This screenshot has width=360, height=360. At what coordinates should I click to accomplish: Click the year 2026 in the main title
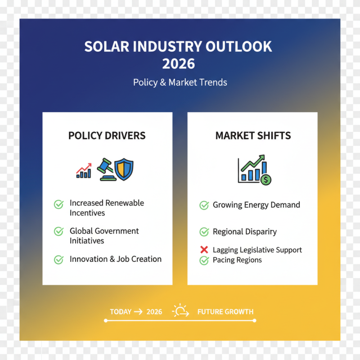[x=179, y=63]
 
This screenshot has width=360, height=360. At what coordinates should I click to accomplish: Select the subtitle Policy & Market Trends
[x=180, y=82]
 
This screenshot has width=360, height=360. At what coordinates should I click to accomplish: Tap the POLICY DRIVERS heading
[x=107, y=135]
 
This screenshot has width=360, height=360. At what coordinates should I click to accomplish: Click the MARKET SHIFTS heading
[x=253, y=135]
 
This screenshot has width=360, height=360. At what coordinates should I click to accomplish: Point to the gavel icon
[x=106, y=170]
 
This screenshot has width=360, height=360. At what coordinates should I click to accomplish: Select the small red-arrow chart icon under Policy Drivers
[x=84, y=171]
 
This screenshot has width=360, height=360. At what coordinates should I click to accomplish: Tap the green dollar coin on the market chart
[x=266, y=180]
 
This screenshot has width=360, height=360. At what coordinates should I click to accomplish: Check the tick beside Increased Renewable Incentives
[x=58, y=205]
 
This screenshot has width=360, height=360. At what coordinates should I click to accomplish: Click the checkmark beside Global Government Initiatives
[x=58, y=232]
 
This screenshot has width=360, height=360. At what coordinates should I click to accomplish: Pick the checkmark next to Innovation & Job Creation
[x=58, y=259]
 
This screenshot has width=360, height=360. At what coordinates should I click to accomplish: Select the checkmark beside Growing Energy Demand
[x=204, y=205]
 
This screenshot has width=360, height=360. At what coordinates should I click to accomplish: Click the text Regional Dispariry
[x=245, y=232]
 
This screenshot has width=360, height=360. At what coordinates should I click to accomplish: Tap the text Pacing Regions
[x=237, y=260]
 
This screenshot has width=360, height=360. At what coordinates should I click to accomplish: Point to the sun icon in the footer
[x=180, y=310]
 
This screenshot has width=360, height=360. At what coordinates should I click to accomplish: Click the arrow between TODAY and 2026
[x=138, y=311]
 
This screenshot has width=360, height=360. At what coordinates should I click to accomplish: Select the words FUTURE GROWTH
[x=225, y=311]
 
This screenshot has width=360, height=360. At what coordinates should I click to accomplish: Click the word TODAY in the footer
[x=121, y=311]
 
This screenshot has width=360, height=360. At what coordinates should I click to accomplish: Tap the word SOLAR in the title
[x=104, y=46]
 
